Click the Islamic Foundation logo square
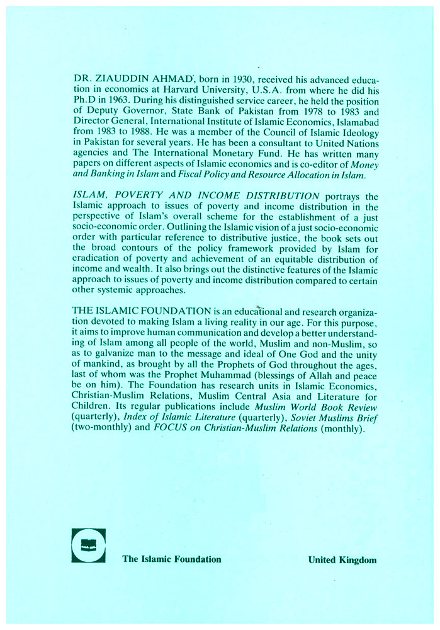[89, 545]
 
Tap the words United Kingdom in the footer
[342, 559]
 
